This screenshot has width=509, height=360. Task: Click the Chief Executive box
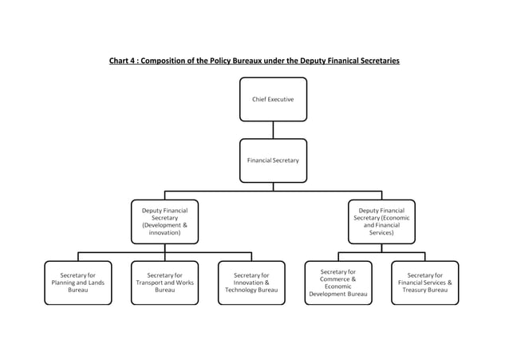click(x=273, y=99)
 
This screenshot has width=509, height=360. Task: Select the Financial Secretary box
click(x=273, y=160)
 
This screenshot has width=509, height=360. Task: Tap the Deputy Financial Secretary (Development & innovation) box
click(x=164, y=221)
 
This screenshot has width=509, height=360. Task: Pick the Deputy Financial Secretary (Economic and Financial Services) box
click(x=381, y=221)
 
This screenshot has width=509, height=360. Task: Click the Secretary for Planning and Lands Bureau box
click(x=78, y=283)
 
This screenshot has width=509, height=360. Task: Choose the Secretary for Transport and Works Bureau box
click(x=164, y=283)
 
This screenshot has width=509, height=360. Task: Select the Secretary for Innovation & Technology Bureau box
click(x=251, y=283)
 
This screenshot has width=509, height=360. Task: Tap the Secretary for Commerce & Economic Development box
click(x=338, y=283)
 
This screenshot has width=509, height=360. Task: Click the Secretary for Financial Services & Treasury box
click(x=424, y=283)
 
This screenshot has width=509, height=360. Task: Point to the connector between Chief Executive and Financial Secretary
click(x=273, y=130)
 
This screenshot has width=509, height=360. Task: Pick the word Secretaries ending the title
click(x=379, y=61)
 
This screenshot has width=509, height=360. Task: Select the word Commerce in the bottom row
click(x=334, y=279)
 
